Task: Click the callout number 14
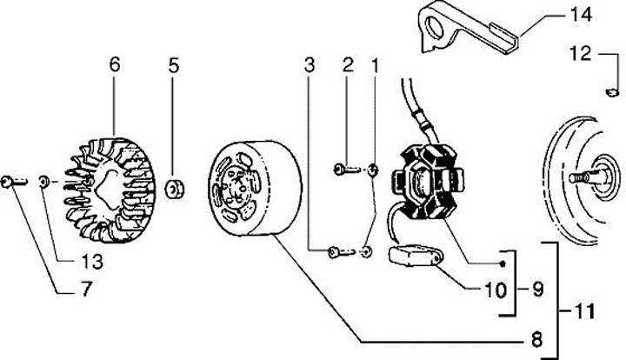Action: [x=580, y=15]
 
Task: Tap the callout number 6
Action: [x=115, y=65]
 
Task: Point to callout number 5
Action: [x=173, y=65]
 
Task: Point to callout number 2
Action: [x=347, y=65]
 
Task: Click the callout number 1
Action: [x=376, y=65]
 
